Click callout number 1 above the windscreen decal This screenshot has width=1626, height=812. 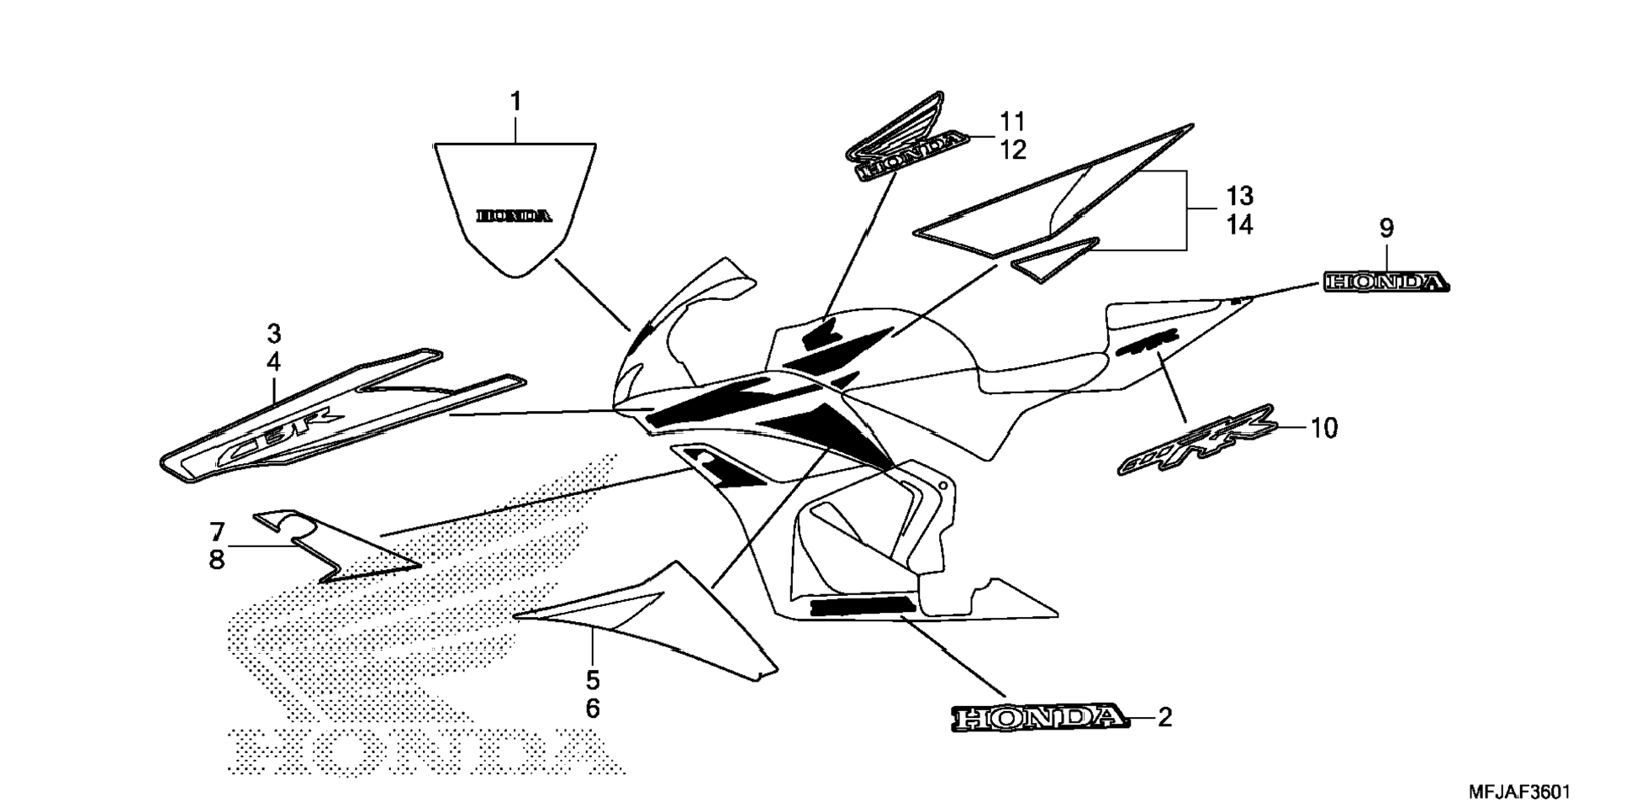click(x=515, y=103)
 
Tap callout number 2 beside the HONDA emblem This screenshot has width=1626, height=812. click(x=1164, y=717)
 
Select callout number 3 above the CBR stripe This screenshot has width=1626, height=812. click(x=273, y=334)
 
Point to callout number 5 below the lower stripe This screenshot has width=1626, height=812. click(x=593, y=679)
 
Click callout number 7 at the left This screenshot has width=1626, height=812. click(x=217, y=531)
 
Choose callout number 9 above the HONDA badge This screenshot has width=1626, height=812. click(x=1386, y=228)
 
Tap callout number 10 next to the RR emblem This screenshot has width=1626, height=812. click(x=1323, y=428)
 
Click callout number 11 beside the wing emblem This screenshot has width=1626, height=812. click(x=1013, y=122)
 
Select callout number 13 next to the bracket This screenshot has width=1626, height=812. click(x=1238, y=196)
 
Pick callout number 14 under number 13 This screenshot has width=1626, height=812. click(x=1238, y=225)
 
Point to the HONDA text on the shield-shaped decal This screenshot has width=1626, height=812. click(x=515, y=216)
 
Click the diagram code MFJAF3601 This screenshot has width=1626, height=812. click(x=1518, y=792)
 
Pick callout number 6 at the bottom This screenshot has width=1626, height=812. click(x=593, y=709)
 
